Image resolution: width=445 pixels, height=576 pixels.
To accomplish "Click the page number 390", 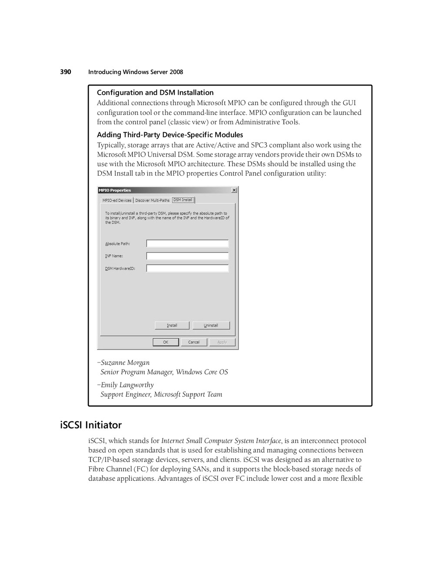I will coord(66,72).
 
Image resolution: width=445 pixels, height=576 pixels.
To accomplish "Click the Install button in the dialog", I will coord(172,325).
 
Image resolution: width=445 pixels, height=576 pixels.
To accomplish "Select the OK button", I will coord(166,342).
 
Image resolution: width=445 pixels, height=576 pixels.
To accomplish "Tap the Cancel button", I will coord(194,342).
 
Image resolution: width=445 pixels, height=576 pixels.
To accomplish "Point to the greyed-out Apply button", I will coord(222,342).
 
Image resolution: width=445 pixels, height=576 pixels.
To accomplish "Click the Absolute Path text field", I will coord(187,243).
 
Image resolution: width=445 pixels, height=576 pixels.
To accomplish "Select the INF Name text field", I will coord(187,256).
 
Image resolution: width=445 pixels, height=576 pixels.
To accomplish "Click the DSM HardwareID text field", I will coord(187,268).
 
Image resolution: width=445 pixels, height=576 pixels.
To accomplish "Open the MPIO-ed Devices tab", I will coord(117,200).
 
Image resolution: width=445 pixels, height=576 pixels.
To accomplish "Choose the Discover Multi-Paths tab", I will coord(152,200).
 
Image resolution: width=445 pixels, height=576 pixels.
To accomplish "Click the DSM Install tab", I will coord(183,200).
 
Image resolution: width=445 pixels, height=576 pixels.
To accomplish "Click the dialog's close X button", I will coord(234,190).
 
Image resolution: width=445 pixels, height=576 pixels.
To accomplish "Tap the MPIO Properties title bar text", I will coord(115,190).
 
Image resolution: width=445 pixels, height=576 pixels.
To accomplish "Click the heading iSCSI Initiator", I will coord(91,425).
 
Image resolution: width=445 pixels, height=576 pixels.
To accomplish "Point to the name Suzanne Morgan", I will coord(125,363).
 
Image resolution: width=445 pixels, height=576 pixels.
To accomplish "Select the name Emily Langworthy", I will coord(127,385).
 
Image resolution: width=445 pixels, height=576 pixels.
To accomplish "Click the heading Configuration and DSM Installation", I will coord(155,93).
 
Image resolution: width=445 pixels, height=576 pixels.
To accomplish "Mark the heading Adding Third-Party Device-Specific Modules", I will coord(170,135).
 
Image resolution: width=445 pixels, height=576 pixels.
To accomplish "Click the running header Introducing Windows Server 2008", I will coord(136,72).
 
